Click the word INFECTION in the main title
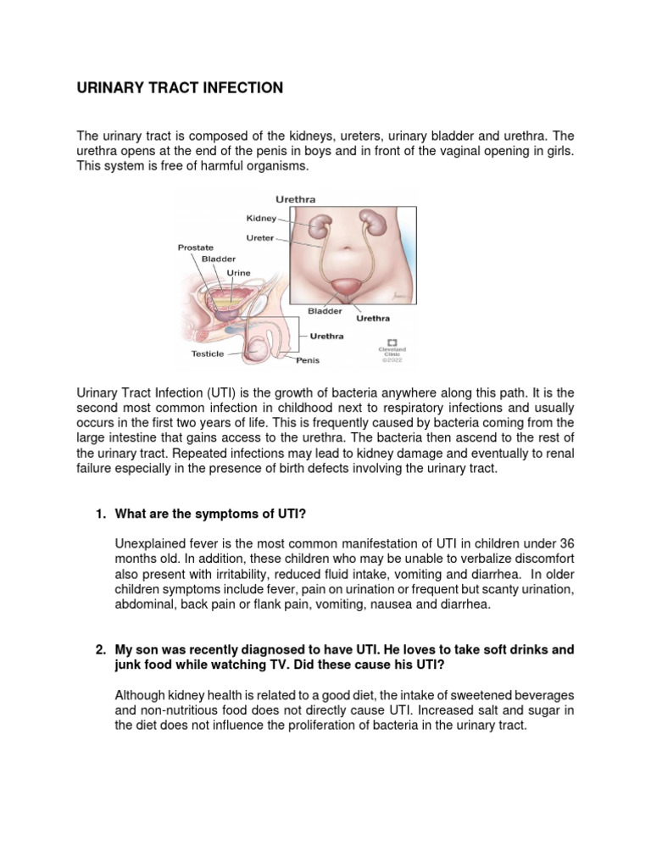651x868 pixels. point(240,88)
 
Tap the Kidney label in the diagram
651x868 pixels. point(261,219)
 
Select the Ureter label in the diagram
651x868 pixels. point(260,238)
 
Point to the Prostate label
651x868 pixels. point(195,248)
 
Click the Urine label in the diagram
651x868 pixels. point(238,274)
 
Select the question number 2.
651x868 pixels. point(98,649)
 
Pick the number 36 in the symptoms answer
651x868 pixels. point(565,542)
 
